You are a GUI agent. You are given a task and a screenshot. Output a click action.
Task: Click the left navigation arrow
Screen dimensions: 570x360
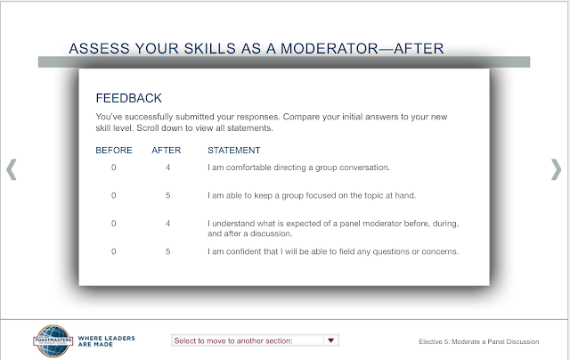point(12,169)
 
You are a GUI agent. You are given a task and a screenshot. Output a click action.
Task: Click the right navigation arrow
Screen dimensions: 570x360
point(557,169)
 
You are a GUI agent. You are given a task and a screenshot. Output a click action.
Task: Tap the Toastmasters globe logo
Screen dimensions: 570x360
point(53,341)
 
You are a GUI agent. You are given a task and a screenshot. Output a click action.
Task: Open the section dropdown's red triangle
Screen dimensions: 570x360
point(330,340)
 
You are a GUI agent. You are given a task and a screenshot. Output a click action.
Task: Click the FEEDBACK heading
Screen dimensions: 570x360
point(128,98)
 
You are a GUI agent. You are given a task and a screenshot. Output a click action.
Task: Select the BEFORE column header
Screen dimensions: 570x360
point(114,151)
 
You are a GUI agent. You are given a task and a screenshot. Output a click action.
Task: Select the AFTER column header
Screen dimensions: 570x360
point(167,151)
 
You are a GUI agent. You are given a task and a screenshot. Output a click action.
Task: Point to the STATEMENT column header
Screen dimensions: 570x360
point(233,151)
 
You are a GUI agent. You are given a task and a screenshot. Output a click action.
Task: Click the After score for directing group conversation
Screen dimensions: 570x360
point(167,168)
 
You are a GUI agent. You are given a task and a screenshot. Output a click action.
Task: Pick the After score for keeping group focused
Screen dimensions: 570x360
point(167,196)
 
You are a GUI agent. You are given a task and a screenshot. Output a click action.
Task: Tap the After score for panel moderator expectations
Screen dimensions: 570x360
point(167,224)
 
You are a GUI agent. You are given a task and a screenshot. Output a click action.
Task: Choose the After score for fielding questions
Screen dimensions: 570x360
point(167,251)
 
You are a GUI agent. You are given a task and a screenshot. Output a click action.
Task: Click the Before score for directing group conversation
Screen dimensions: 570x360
point(114,168)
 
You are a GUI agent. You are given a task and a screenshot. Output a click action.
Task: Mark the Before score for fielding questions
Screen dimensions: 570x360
point(114,251)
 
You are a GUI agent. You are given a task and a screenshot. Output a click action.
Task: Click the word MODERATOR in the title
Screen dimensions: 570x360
point(330,49)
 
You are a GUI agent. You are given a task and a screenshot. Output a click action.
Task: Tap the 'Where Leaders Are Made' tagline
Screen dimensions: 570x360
point(107,341)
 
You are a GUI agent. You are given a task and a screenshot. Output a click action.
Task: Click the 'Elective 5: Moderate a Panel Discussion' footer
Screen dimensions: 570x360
point(479,342)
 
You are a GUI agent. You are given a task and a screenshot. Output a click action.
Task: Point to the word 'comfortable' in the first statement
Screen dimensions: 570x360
point(248,168)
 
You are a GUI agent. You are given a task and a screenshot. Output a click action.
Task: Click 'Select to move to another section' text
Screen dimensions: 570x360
point(233,340)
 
